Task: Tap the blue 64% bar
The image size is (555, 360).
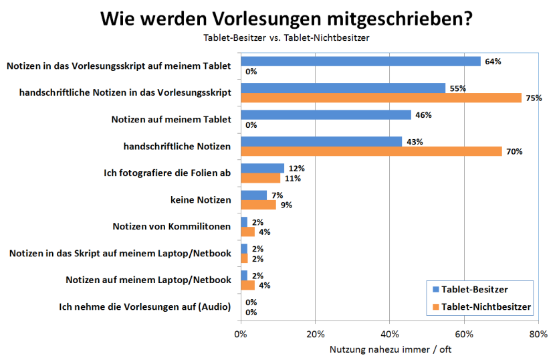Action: coord(360,62)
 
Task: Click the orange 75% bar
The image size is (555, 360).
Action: coord(381,98)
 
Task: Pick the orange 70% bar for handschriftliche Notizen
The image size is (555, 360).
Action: coord(371,151)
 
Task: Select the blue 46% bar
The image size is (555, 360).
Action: coord(326,115)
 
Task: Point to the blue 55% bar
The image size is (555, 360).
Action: coord(343,88)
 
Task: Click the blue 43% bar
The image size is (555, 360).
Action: coord(321,142)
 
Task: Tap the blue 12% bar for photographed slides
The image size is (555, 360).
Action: coord(263,169)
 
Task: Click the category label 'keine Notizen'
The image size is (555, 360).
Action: coord(201,199)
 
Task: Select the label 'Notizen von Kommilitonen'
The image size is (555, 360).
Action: coord(172,227)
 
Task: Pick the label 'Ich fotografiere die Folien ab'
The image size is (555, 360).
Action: coord(167,173)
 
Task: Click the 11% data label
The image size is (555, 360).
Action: coord(293,179)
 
